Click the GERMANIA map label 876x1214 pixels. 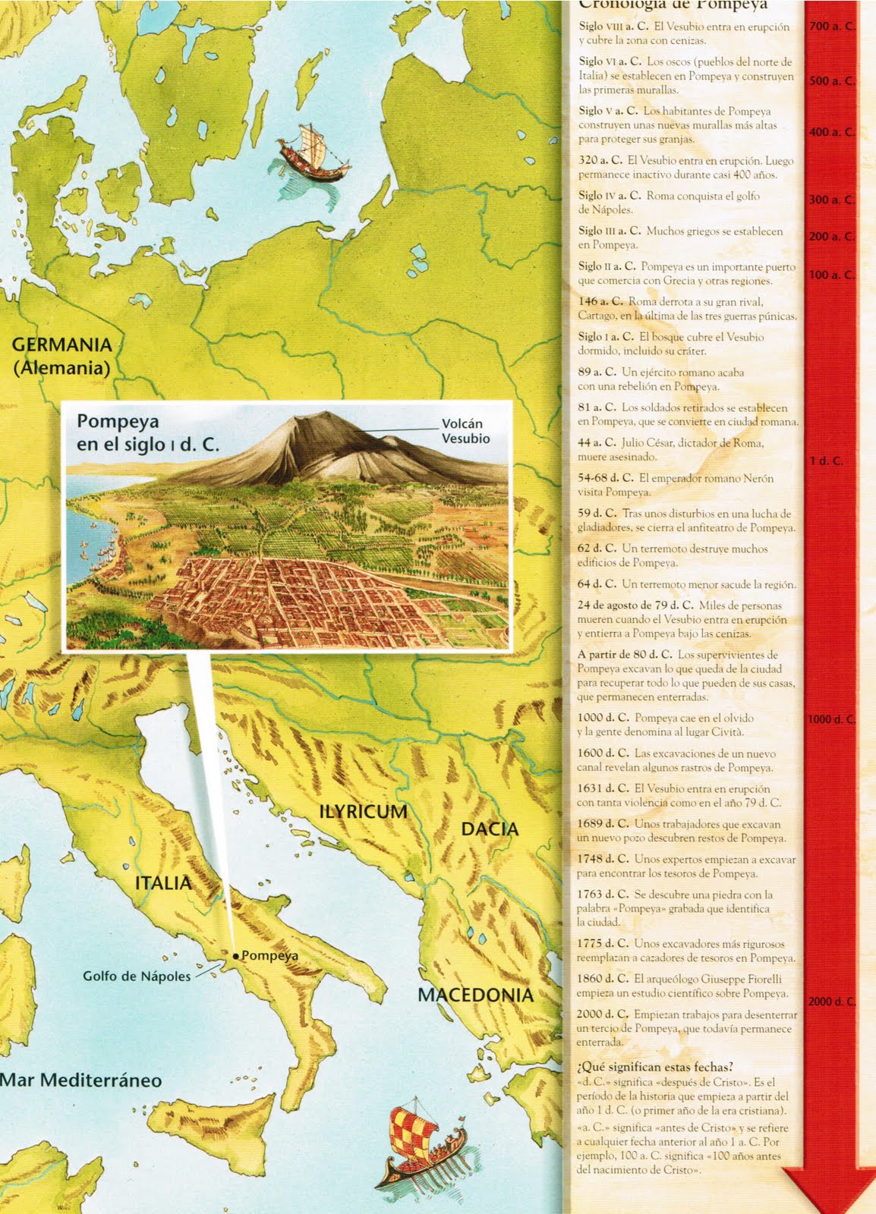pyautogui.click(x=61, y=345)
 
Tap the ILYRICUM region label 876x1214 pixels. pyautogui.click(x=363, y=811)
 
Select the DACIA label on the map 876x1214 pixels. pyautogui.click(x=490, y=829)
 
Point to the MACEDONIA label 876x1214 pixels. pyautogui.click(x=476, y=995)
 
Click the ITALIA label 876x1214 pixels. pyautogui.click(x=163, y=883)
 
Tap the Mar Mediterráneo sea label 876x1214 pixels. pyautogui.click(x=81, y=1080)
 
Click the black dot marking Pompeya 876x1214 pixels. pyautogui.click(x=236, y=956)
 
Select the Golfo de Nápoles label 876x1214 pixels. pyautogui.click(x=137, y=977)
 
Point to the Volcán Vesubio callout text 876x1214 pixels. pyautogui.click(x=465, y=431)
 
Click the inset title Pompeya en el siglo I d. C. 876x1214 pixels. pyautogui.click(x=147, y=432)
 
